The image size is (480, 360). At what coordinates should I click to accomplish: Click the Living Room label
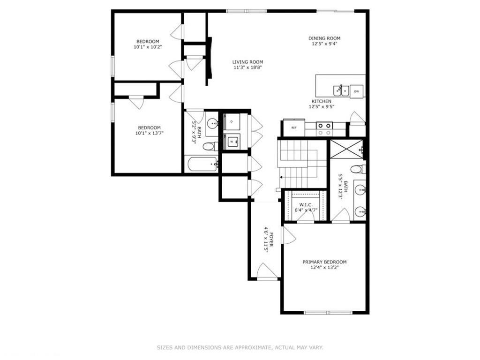coord(247,62)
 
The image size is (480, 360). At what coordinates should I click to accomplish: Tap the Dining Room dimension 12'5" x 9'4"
coord(324,44)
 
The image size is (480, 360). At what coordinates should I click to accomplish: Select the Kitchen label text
coord(322,101)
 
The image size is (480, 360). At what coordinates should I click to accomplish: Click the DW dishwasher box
coord(357,91)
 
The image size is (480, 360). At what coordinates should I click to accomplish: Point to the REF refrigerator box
coord(294,127)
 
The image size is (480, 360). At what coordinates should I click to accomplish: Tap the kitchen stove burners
coord(324,129)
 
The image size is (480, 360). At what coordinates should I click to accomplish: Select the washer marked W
coord(232,141)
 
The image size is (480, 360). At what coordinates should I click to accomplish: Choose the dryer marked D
coord(232,122)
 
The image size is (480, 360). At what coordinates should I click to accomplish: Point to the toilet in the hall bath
coord(210,146)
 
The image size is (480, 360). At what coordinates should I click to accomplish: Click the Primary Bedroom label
coord(324,262)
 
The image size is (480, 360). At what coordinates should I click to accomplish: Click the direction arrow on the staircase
coord(281,177)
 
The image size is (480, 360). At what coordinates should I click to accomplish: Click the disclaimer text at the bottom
coord(240,347)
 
